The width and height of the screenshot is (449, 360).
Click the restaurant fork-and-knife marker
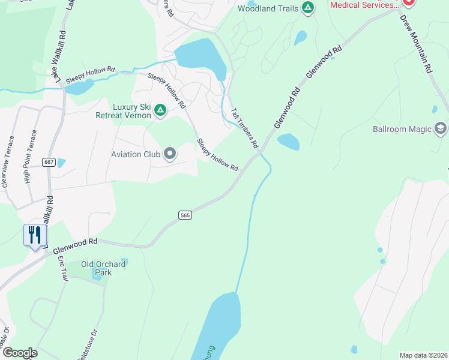(35, 235)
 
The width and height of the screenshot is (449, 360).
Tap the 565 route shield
(185, 214)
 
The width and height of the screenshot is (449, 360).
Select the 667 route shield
(49, 162)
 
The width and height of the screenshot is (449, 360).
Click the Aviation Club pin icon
(170, 154)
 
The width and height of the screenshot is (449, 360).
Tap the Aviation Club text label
(135, 154)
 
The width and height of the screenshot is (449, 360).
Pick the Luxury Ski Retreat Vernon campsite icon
(160, 109)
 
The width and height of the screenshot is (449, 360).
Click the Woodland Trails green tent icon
(308, 8)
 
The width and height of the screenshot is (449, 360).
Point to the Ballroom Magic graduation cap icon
(441, 128)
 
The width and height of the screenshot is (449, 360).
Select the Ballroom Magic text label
(402, 129)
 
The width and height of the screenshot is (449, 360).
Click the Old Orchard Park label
(103, 268)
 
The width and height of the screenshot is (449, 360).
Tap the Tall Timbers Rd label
(245, 128)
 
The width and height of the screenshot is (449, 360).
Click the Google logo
(19, 352)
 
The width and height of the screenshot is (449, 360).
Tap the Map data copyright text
(423, 355)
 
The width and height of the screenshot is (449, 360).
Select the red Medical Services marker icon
(408, 3)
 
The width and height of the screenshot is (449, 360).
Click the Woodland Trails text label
(268, 8)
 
